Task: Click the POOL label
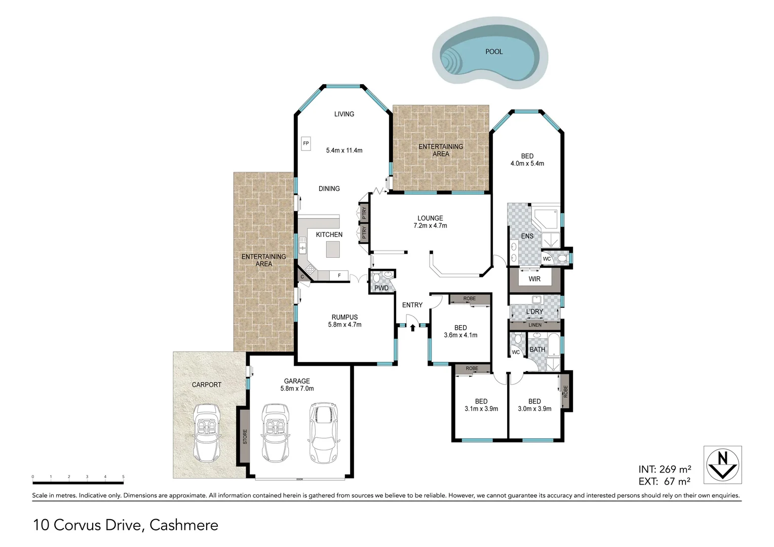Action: coord(494,52)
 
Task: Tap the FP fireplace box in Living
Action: coord(306,143)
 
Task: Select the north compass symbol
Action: coord(722,464)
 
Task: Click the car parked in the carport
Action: coord(206,433)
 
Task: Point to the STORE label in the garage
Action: coord(245,437)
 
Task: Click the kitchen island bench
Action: coord(333,249)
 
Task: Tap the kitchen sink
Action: coord(303,247)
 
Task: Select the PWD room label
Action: coord(381,288)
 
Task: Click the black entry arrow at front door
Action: coord(412,328)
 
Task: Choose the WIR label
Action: coord(534,279)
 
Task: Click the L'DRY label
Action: coord(534,311)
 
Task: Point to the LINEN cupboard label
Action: coord(535,325)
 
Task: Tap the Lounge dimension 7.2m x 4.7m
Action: coord(430,226)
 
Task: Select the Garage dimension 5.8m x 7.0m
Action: coord(297,388)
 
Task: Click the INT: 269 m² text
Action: coord(665,470)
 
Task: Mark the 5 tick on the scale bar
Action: coord(123,477)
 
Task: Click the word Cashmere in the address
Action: coord(184,525)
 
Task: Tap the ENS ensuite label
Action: coord(527,236)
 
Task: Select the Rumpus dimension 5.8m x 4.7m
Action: coord(344,325)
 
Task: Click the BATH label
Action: coord(537,349)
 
